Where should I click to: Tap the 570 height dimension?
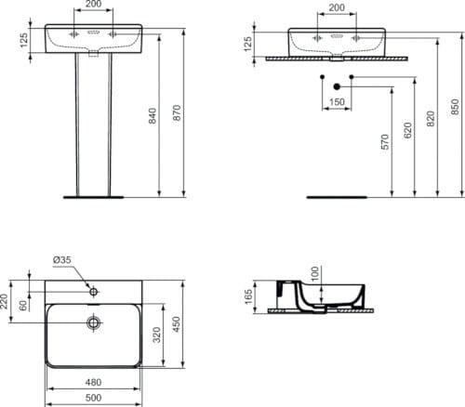385,141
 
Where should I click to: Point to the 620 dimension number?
408,131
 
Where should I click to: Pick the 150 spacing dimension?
336,102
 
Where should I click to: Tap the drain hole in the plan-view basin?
93,323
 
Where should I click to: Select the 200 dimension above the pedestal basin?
90,6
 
